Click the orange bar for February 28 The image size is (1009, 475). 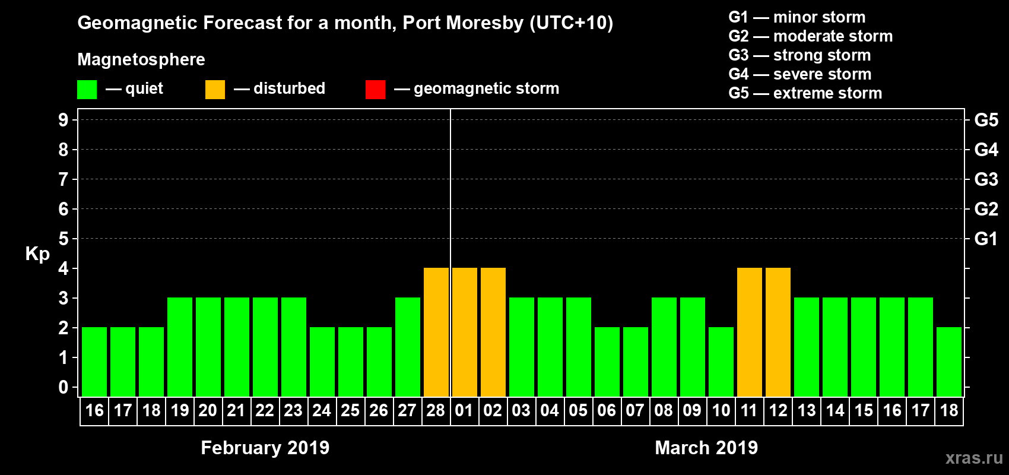(436, 332)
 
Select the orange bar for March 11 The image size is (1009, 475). (750, 332)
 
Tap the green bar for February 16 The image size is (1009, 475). (94, 362)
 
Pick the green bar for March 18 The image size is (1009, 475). (949, 362)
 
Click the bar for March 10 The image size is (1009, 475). (721, 362)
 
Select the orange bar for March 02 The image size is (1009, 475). (493, 332)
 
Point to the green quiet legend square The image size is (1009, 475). (87, 90)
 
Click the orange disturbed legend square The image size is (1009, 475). (215, 90)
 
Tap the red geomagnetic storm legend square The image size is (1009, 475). (375, 90)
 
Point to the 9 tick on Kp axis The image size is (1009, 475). (64, 120)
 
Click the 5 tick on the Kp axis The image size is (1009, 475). (64, 239)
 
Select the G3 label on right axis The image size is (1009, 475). (986, 179)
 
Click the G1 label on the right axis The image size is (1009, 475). (986, 239)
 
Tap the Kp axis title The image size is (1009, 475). (37, 254)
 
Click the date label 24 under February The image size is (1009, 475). (322, 410)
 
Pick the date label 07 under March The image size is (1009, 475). (635, 410)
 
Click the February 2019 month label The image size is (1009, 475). (265, 448)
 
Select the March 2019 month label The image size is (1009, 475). (706, 448)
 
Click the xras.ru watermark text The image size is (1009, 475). (974, 458)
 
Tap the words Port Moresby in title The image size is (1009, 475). (463, 23)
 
